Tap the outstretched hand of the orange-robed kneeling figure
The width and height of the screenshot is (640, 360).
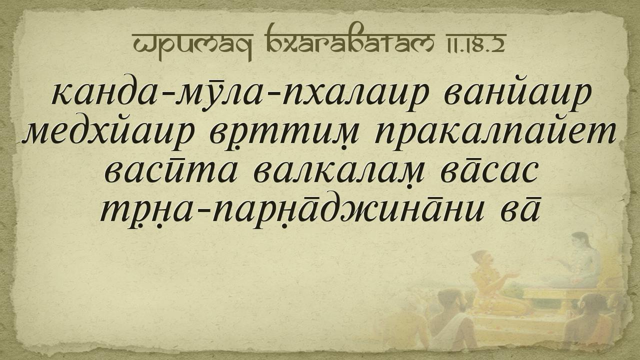512,275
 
